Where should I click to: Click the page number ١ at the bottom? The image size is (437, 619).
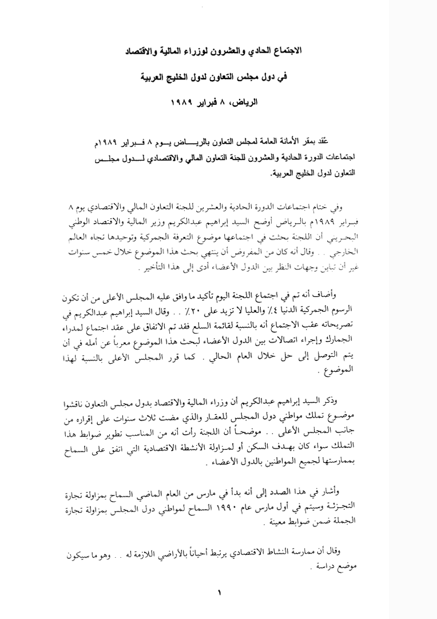click(220, 593)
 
